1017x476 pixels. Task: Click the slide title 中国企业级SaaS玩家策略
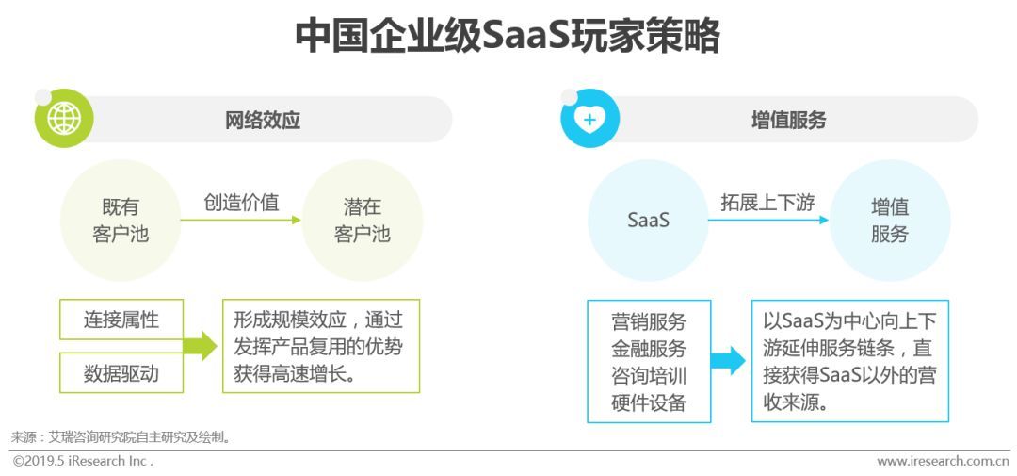click(x=508, y=37)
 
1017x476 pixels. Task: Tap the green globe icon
click(x=64, y=119)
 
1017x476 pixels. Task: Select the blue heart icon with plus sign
click(x=590, y=119)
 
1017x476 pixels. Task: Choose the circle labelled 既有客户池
click(x=121, y=221)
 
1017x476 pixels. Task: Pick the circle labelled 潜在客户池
click(x=363, y=221)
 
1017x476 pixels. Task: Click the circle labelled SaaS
click(x=648, y=221)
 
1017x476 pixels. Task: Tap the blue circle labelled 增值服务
click(x=889, y=221)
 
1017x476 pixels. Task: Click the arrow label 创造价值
click(x=241, y=202)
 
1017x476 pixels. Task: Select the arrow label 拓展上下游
click(x=767, y=202)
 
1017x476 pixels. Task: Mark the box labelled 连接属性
click(x=121, y=320)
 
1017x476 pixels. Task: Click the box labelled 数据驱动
click(x=121, y=373)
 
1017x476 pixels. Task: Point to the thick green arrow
click(x=200, y=346)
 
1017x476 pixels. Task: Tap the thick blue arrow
click(x=728, y=360)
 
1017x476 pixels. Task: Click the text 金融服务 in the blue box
click(x=649, y=348)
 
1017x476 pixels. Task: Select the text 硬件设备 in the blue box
click(x=649, y=403)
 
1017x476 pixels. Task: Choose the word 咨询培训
click(x=649, y=376)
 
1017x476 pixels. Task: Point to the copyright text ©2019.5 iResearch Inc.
click(x=83, y=461)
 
